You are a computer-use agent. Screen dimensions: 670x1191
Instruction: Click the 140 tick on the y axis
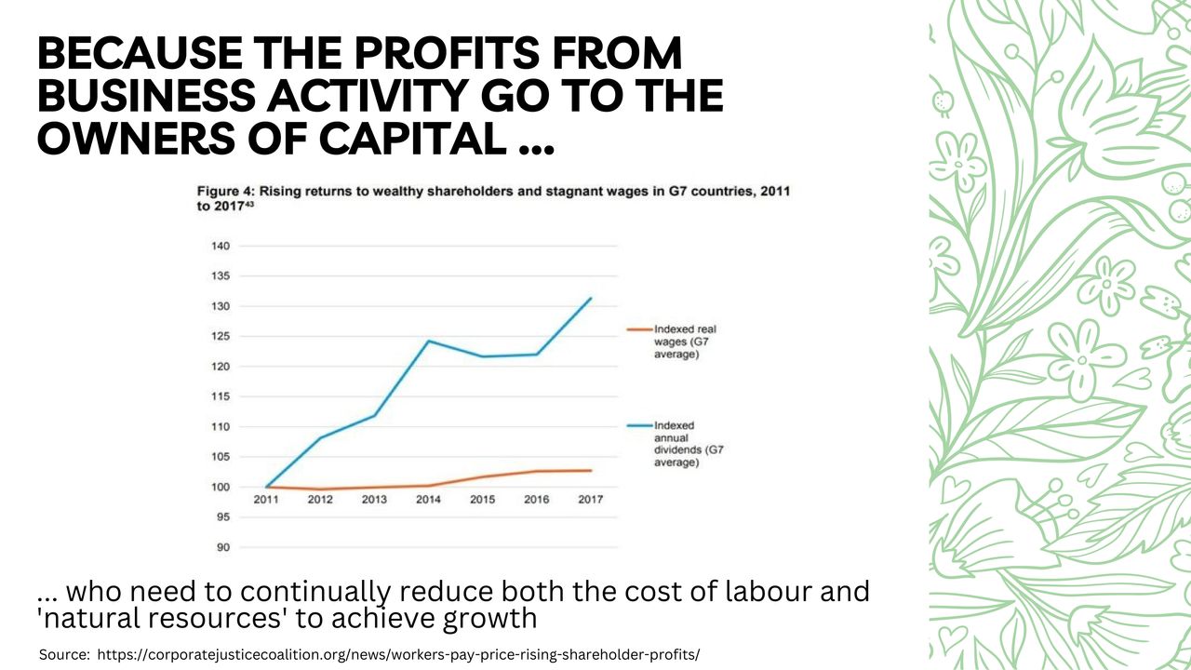221,247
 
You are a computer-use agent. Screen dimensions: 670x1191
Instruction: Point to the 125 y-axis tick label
221,337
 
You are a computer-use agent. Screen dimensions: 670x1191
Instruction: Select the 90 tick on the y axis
223,547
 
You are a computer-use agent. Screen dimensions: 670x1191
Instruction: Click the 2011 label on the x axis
267,500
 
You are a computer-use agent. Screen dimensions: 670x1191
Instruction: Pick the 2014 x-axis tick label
428,500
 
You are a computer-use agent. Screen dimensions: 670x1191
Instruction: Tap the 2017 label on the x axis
590,500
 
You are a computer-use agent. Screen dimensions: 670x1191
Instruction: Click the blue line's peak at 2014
429,341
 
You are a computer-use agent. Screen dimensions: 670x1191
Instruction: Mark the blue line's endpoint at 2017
591,299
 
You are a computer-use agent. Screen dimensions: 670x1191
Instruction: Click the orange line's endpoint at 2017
591,470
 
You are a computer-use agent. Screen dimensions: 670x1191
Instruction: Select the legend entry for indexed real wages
685,342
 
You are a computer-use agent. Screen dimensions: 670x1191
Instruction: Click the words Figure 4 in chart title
223,191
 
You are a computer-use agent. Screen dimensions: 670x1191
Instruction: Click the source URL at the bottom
398,655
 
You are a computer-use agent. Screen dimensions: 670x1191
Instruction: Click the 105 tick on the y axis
221,457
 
